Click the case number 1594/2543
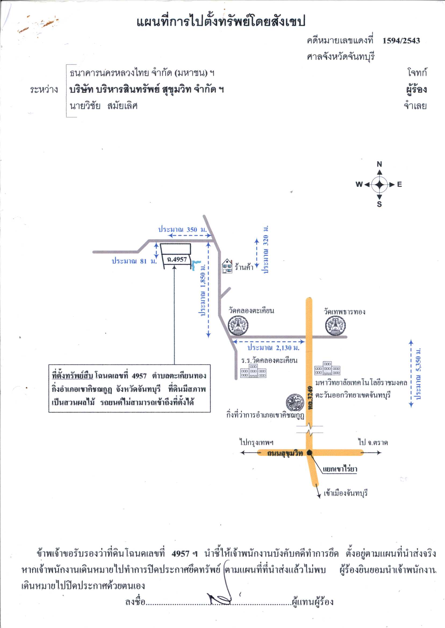pos(401,41)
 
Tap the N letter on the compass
pos(379,164)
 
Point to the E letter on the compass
pos(399,184)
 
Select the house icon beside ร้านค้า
pos(227,266)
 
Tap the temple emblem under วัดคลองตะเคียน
pos(238,325)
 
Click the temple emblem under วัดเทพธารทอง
pos(335,326)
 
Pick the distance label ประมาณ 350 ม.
pos(182,229)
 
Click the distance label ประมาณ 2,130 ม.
pos(274,348)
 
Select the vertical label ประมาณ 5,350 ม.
pos(418,374)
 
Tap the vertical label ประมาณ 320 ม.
pos(265,249)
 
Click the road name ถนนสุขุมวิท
pos(285,453)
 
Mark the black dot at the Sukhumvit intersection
pos(309,453)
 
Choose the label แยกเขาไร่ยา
pos(340,469)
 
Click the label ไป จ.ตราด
pos(373,442)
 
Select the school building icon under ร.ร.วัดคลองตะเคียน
pos(253,371)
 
